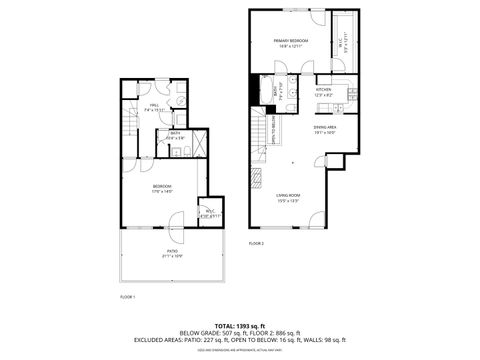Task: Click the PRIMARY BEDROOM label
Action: click(291, 40)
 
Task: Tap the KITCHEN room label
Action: click(323, 89)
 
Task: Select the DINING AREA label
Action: click(324, 127)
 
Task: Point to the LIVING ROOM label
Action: click(289, 195)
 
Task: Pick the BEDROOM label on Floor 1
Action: click(162, 186)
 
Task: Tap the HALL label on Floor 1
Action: click(155, 105)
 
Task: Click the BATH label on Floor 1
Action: click(175, 133)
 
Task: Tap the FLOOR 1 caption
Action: click(127, 297)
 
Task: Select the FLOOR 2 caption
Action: click(256, 243)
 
